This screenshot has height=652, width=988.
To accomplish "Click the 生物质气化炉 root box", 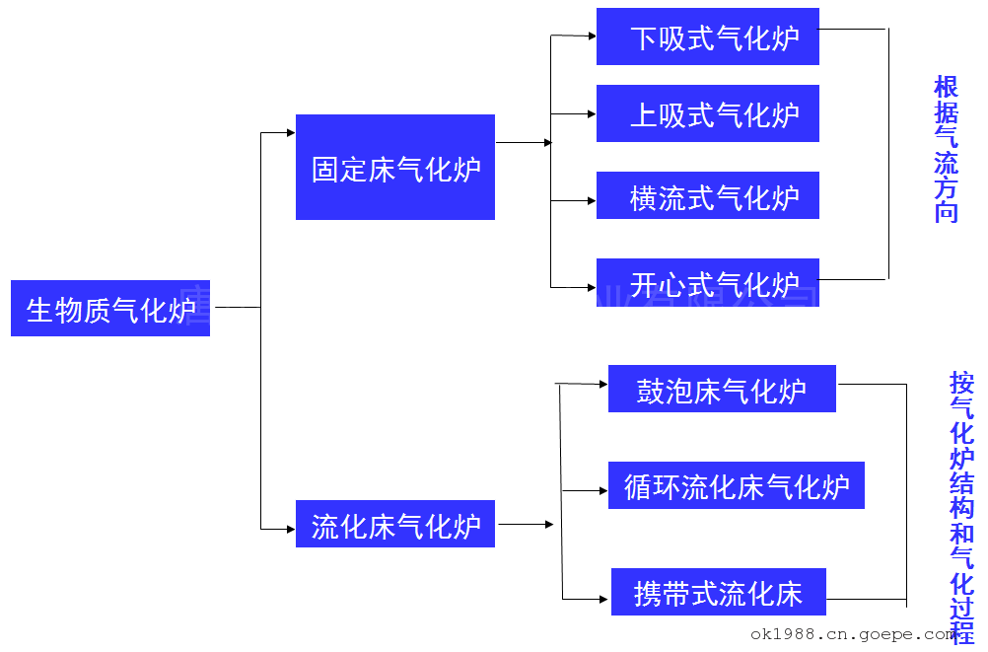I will click(110, 309).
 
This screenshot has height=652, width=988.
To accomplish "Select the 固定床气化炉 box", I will click(395, 168).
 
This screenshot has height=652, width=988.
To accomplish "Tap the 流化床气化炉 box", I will click(395, 525).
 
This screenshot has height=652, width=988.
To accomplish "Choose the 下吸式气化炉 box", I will click(708, 37).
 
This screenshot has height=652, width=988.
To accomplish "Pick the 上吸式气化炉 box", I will click(708, 114).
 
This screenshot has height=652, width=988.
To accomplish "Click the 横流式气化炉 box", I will click(708, 196).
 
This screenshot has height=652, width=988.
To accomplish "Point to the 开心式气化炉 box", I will click(708, 283).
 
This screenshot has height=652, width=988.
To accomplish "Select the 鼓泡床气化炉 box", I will click(722, 389).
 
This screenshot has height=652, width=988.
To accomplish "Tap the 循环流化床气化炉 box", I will click(736, 485).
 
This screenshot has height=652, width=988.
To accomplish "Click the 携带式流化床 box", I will click(719, 593).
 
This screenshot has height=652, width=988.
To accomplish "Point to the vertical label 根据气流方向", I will click(947, 150).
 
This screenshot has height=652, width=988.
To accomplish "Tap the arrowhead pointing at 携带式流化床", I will click(605, 598).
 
